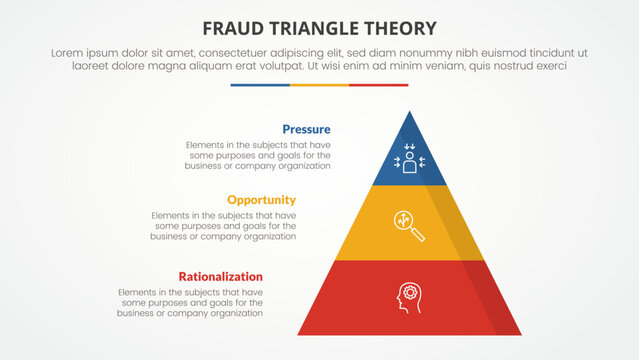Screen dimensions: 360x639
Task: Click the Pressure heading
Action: (306, 129)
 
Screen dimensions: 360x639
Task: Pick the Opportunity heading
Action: (261, 200)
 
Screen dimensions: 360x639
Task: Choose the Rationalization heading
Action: (220, 276)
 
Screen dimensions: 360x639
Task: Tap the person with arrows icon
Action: (409, 160)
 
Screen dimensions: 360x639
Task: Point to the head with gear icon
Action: (409, 296)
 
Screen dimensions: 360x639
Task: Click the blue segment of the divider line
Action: (260, 85)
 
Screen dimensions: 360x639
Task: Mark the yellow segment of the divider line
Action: (319, 85)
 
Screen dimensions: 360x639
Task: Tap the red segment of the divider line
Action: (379, 85)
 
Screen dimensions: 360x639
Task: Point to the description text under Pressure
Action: (258, 155)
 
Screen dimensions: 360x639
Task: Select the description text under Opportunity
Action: (224, 226)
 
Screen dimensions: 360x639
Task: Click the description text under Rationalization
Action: (190, 302)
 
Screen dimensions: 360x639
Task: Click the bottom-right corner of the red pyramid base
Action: (519, 333)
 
